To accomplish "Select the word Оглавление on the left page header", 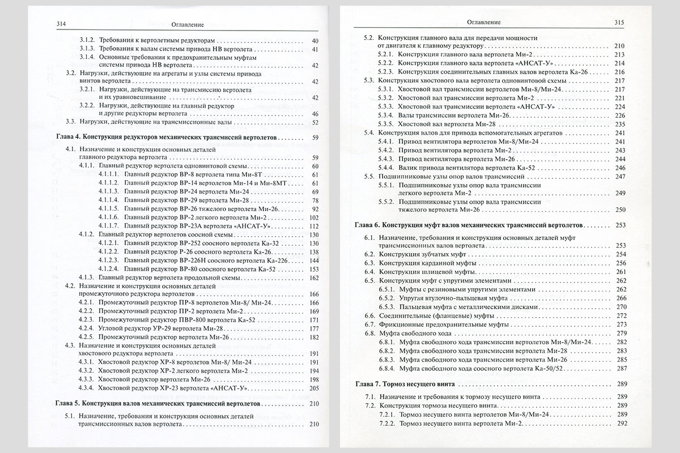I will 187,24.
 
